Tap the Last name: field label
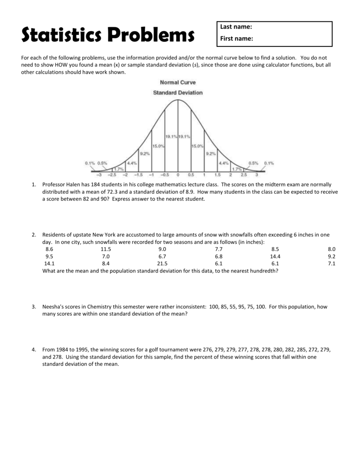coord(236,27)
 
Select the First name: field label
coord(237,39)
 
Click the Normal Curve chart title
coord(177,82)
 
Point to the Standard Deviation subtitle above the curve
coord(177,93)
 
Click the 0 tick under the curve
coord(178,175)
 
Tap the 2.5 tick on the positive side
coord(243,175)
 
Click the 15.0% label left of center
coord(158,146)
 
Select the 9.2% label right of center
coord(210,154)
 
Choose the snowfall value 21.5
coord(162,263)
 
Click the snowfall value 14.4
coord(275,257)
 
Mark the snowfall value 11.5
coord(106,249)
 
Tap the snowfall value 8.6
coord(49,249)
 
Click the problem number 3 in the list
coord(34,307)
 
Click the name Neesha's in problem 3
coord(54,307)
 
